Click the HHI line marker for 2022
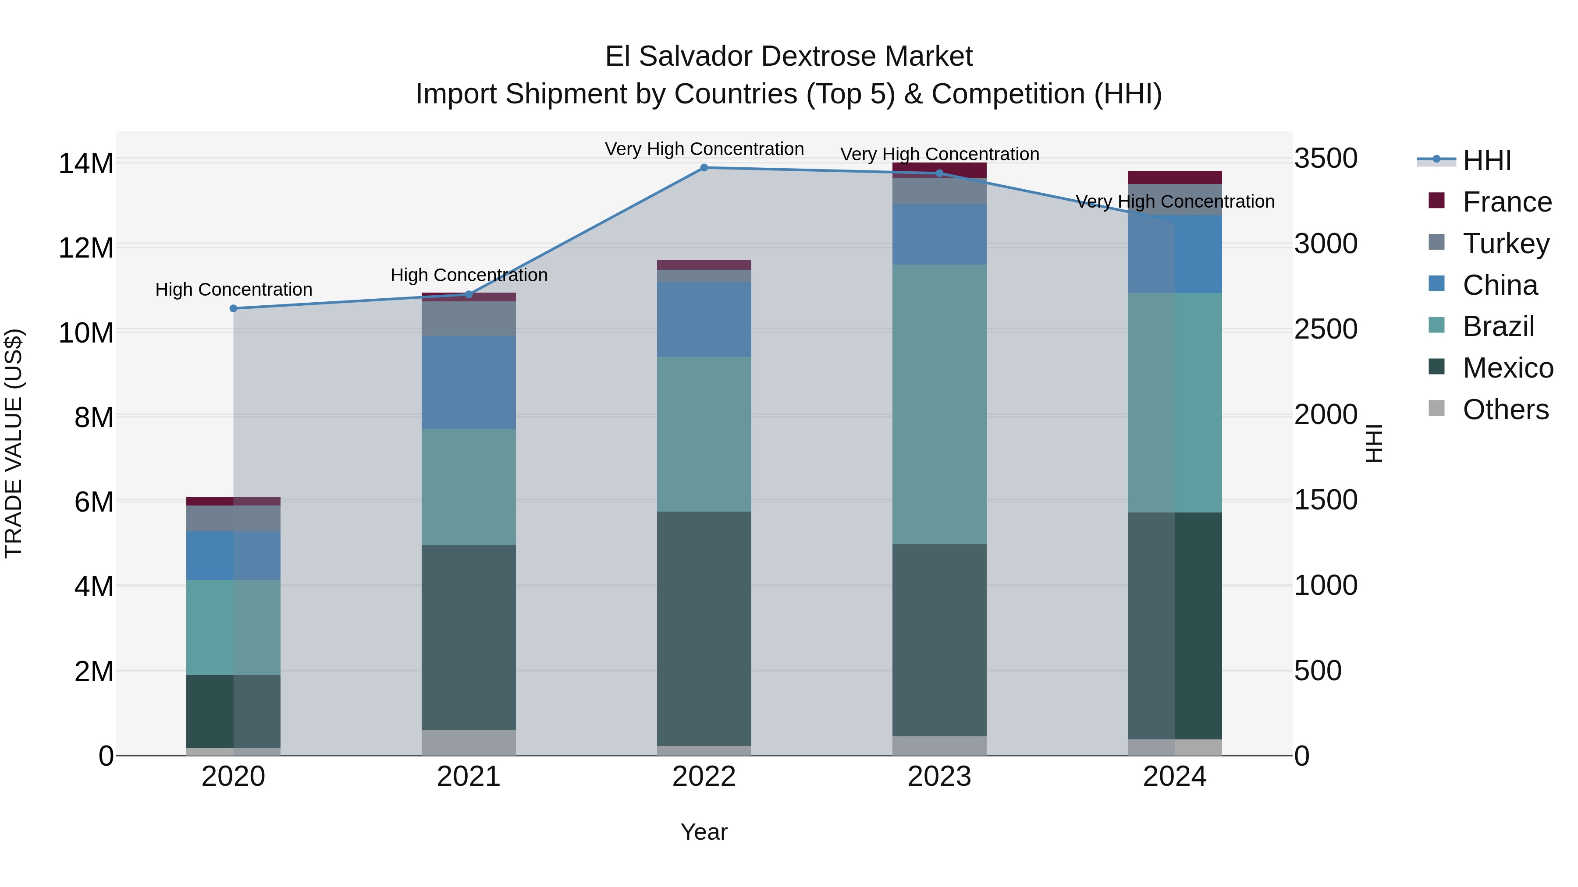click(x=704, y=168)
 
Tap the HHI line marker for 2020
click(x=233, y=308)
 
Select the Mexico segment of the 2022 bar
click(x=704, y=628)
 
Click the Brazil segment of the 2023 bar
click(x=939, y=404)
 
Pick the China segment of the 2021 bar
click(x=469, y=382)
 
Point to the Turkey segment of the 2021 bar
click(x=469, y=318)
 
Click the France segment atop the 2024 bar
click(x=1174, y=177)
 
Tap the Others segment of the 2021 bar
click(x=469, y=742)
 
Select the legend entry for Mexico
click(x=1507, y=368)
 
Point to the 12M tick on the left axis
click(x=86, y=248)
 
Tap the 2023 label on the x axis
click(x=939, y=777)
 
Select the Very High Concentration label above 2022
click(x=704, y=149)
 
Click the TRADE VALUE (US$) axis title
click(x=14, y=443)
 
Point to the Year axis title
click(x=704, y=832)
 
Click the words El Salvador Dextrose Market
click(x=789, y=57)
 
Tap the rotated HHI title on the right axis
click(x=1374, y=443)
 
